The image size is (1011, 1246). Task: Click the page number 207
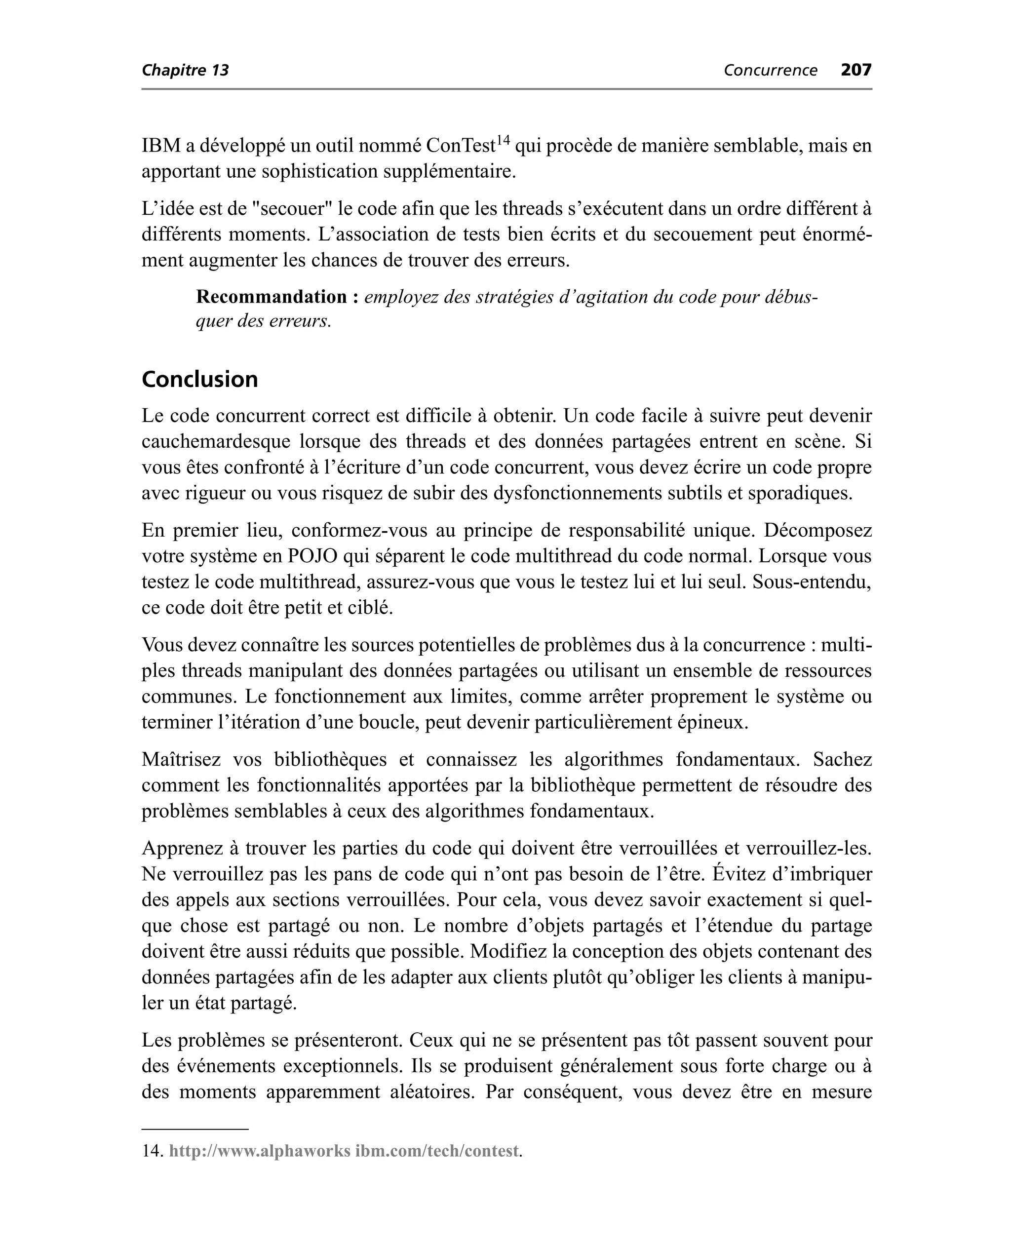click(855, 70)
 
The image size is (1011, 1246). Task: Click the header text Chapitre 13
click(185, 71)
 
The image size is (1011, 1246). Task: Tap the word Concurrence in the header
click(770, 71)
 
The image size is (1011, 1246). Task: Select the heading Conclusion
click(200, 379)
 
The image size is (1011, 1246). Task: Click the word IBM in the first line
click(161, 146)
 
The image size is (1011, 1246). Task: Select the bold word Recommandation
click(272, 297)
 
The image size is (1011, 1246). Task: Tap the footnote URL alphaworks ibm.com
click(344, 1151)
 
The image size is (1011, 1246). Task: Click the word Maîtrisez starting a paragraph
click(181, 760)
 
